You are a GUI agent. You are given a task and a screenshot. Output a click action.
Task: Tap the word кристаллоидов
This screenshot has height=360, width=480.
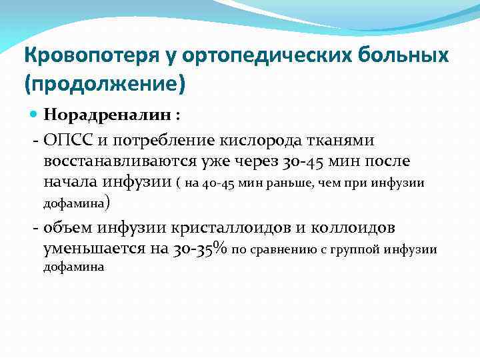[226, 228]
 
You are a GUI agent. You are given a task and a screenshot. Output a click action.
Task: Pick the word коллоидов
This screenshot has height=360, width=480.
[353, 228]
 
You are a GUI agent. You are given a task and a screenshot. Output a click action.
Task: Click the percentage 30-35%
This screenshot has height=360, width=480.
[201, 249]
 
